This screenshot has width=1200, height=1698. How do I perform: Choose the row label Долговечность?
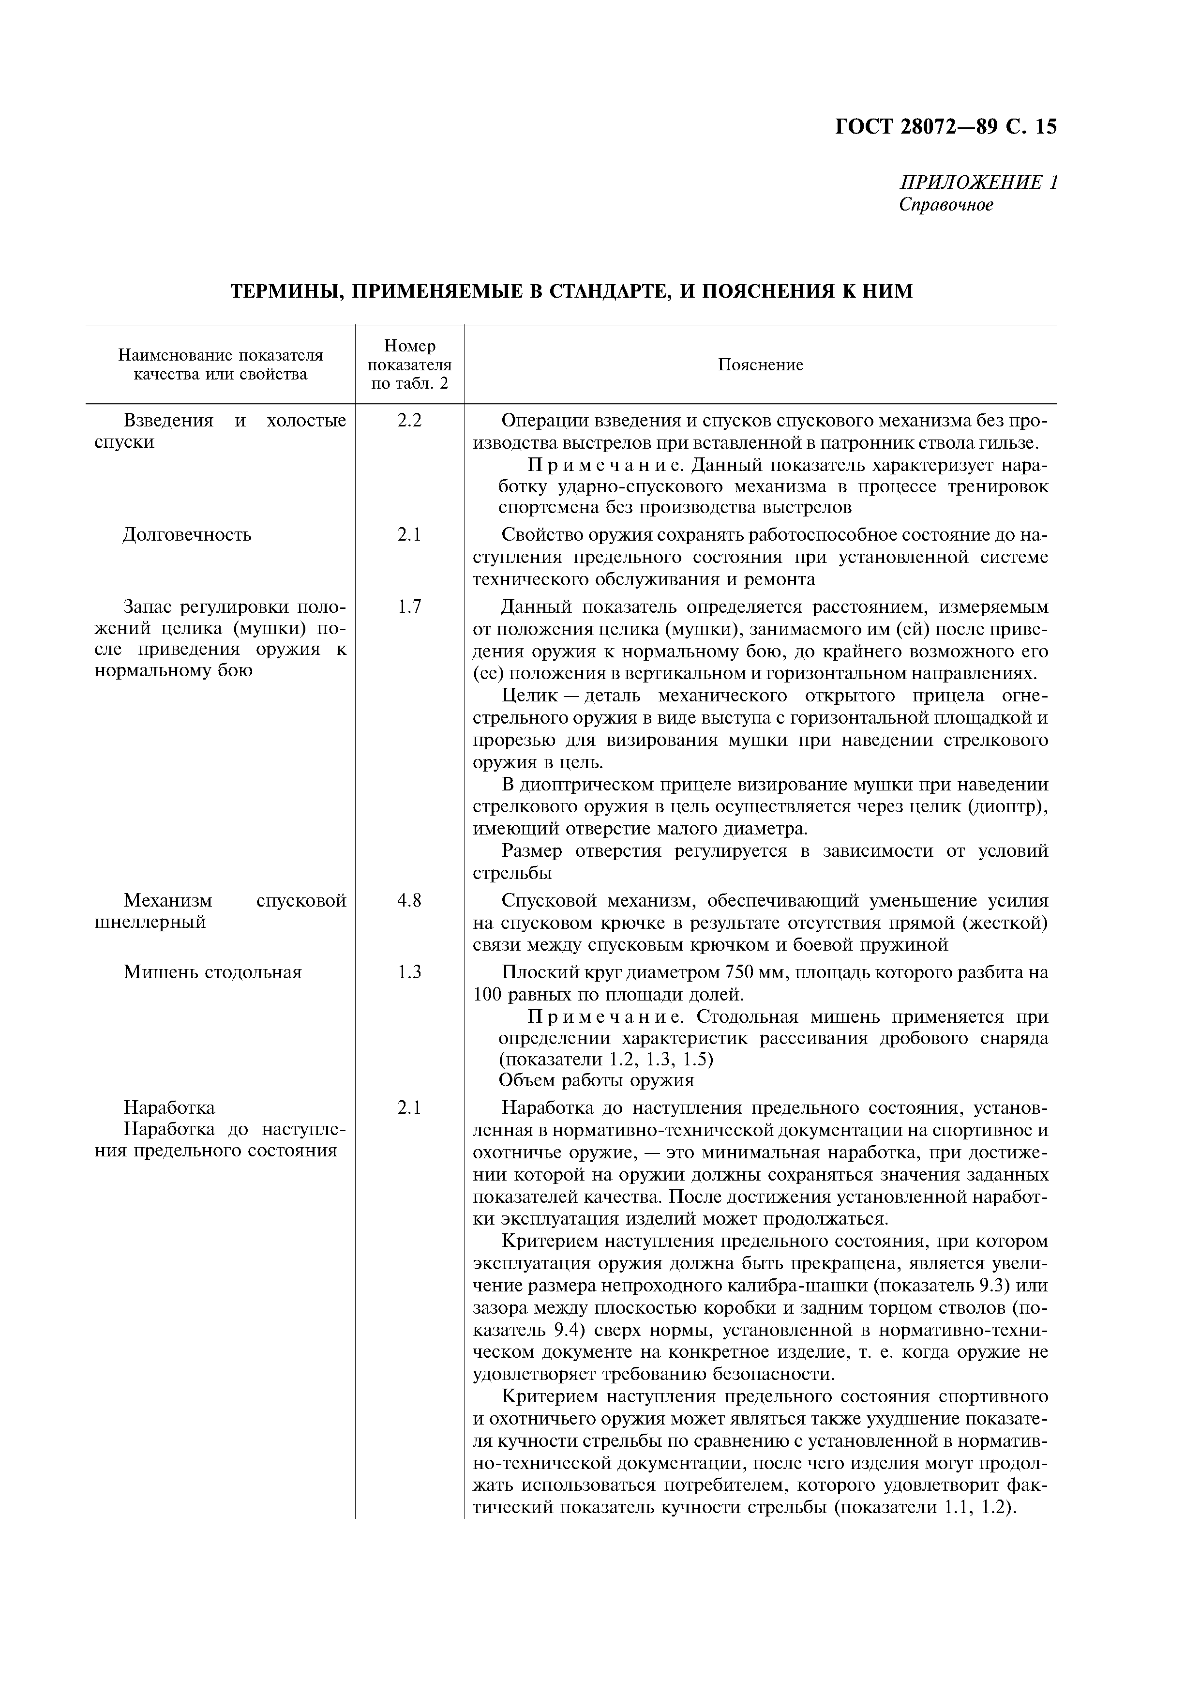[x=187, y=535]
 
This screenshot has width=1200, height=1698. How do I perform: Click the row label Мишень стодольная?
[x=213, y=972]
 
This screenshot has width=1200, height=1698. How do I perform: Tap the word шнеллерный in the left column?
[x=151, y=922]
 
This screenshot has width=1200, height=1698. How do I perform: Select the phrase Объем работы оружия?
[x=597, y=1080]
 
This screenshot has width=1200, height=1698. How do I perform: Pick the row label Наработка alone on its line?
[x=169, y=1108]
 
